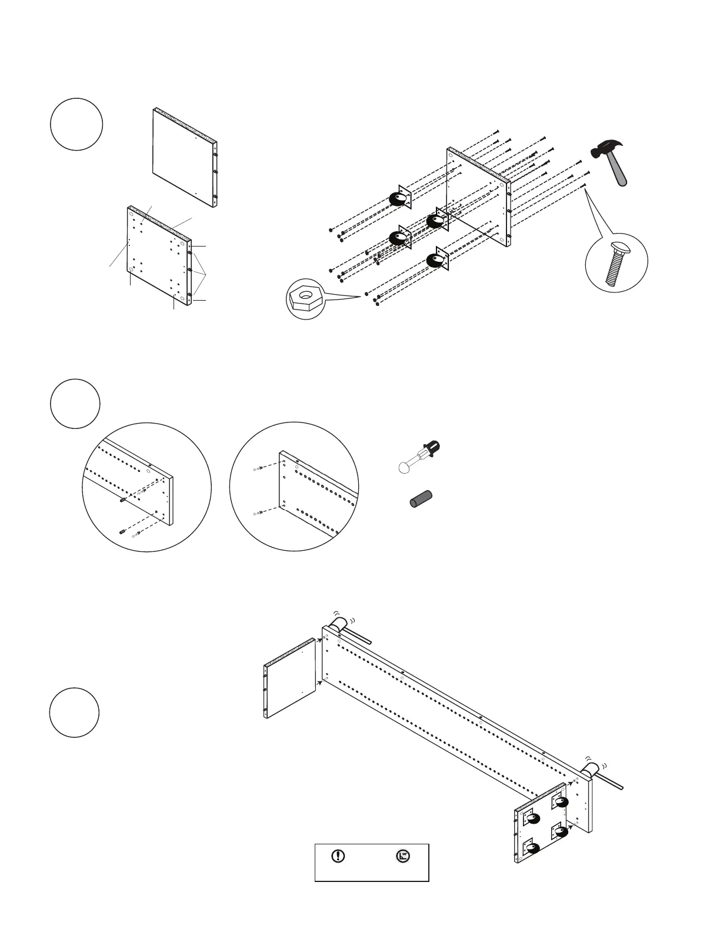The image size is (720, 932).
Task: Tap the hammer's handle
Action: (619, 172)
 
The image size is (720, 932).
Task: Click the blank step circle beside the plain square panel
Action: (76, 125)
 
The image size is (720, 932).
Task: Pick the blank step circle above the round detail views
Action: (75, 404)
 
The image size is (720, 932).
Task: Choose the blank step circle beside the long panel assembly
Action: (74, 712)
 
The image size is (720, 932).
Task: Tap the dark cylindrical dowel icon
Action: (421, 498)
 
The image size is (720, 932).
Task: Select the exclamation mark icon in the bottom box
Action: (339, 856)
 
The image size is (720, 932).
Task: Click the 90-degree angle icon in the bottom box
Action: (403, 856)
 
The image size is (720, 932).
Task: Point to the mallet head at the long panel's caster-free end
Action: (339, 623)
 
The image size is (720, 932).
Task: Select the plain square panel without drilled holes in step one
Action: (185, 157)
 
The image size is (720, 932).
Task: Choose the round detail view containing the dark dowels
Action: (146, 487)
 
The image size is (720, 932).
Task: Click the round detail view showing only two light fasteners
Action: (294, 486)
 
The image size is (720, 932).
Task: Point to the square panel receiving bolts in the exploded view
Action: (478, 197)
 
